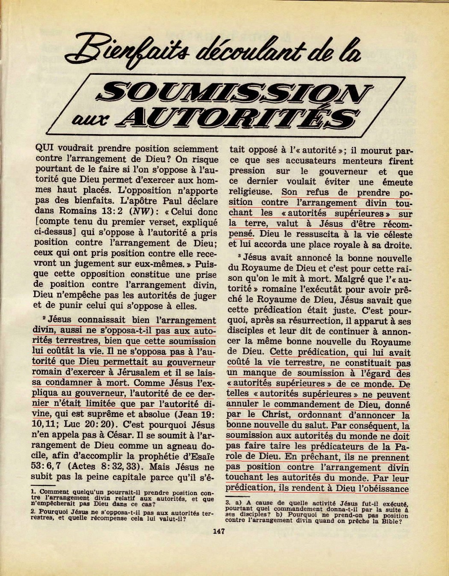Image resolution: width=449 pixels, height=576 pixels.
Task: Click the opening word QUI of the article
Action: (x=41, y=149)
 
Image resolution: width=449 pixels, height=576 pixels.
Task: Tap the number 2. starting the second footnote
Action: (x=33, y=511)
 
